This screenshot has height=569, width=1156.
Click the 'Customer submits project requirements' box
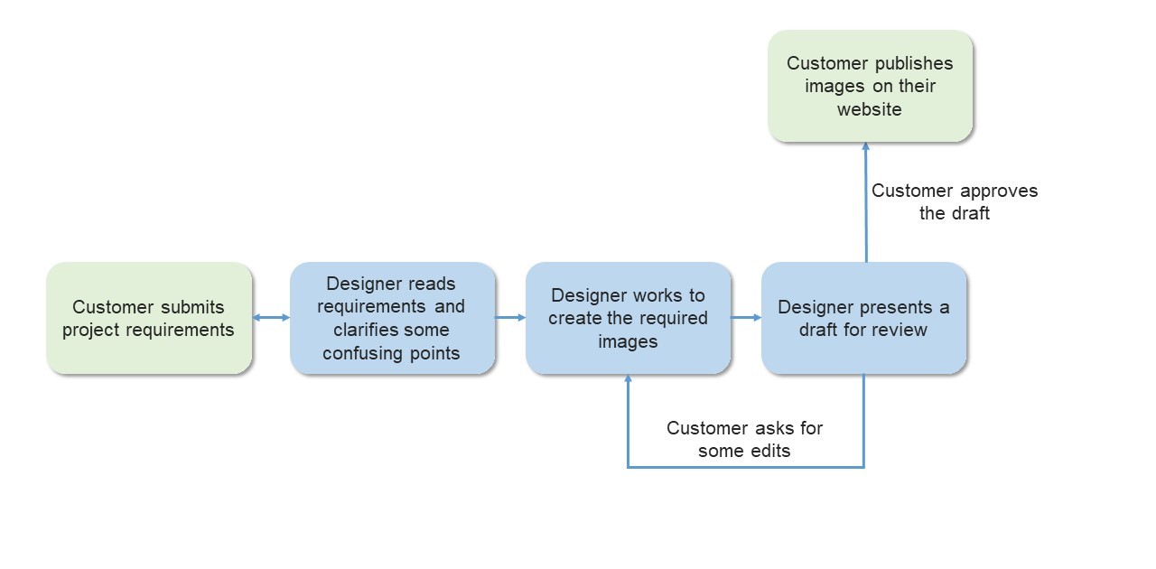click(149, 318)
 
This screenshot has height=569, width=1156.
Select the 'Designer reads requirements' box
click(392, 318)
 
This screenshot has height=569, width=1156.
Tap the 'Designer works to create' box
click(628, 318)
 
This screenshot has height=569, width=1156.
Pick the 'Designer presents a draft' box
click(863, 318)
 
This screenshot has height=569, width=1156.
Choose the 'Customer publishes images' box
click(870, 86)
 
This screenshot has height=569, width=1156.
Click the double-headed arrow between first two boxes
click(271, 317)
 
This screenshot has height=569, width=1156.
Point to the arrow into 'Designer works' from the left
click(510, 317)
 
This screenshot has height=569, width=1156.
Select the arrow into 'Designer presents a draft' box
click(746, 317)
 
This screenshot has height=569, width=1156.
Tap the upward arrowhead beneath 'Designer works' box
click(628, 381)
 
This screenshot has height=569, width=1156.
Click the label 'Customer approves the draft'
click(954, 201)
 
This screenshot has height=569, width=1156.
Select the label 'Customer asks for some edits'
click(744, 439)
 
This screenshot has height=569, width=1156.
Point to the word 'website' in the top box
click(869, 109)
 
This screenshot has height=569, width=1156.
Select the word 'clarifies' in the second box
click(368, 330)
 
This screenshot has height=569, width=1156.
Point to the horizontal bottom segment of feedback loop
click(745, 467)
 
